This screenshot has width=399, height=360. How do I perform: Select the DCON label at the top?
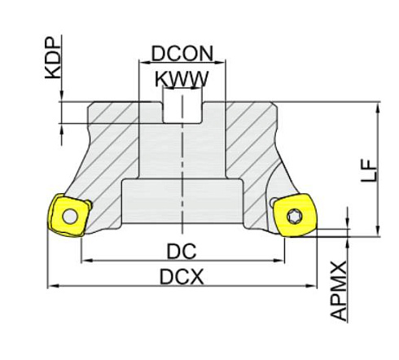pyautogui.click(x=182, y=54)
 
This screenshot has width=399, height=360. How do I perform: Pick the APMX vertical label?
pyautogui.click(x=340, y=290)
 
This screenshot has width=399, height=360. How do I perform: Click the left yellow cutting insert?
pyautogui.click(x=67, y=214)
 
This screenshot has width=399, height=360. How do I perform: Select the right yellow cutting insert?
pyautogui.click(x=296, y=217)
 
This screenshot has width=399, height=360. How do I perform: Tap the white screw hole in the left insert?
pyautogui.click(x=72, y=216)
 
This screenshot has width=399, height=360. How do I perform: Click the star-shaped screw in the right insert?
pyautogui.click(x=296, y=217)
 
